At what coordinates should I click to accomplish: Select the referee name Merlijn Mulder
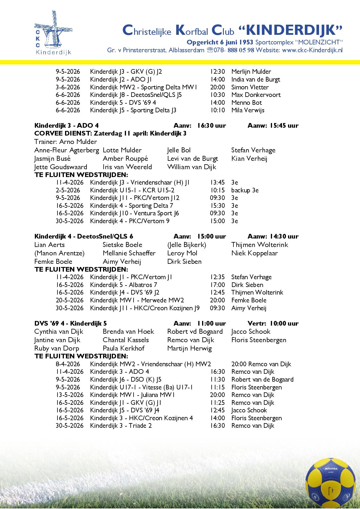coord(251,72)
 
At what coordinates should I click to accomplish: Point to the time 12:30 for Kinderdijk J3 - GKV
coord(217,72)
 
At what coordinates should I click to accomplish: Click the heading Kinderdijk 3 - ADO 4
coord(66,125)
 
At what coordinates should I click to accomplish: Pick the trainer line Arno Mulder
coord(66,142)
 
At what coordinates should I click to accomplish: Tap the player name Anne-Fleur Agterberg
coord(66,150)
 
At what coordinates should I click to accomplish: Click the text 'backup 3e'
coord(245,190)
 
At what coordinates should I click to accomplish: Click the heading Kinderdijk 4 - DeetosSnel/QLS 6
coord(84,236)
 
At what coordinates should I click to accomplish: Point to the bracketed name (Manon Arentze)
coord(59,253)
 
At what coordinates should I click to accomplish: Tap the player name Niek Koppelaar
coord(254,253)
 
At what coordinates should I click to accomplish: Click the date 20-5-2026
coord(70,300)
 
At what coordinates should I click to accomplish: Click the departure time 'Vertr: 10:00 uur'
coord(273,323)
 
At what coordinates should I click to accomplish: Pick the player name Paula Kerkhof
coord(123,348)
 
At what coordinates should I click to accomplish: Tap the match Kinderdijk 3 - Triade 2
coord(121,426)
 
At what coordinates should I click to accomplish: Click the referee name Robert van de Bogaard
coord(262,380)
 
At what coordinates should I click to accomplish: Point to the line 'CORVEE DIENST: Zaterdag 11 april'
coord(110,133)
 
